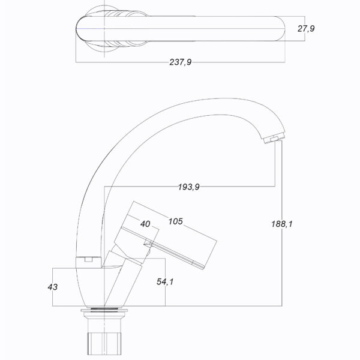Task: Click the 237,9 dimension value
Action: point(180,62)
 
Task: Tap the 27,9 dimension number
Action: point(306,29)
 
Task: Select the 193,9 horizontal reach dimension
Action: point(189,187)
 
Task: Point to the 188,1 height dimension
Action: point(282,224)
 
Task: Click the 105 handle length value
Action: point(176,221)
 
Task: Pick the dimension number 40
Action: point(145,224)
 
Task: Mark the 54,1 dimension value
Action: point(165,282)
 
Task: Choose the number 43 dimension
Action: point(53,287)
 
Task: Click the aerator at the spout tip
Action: point(274,139)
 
